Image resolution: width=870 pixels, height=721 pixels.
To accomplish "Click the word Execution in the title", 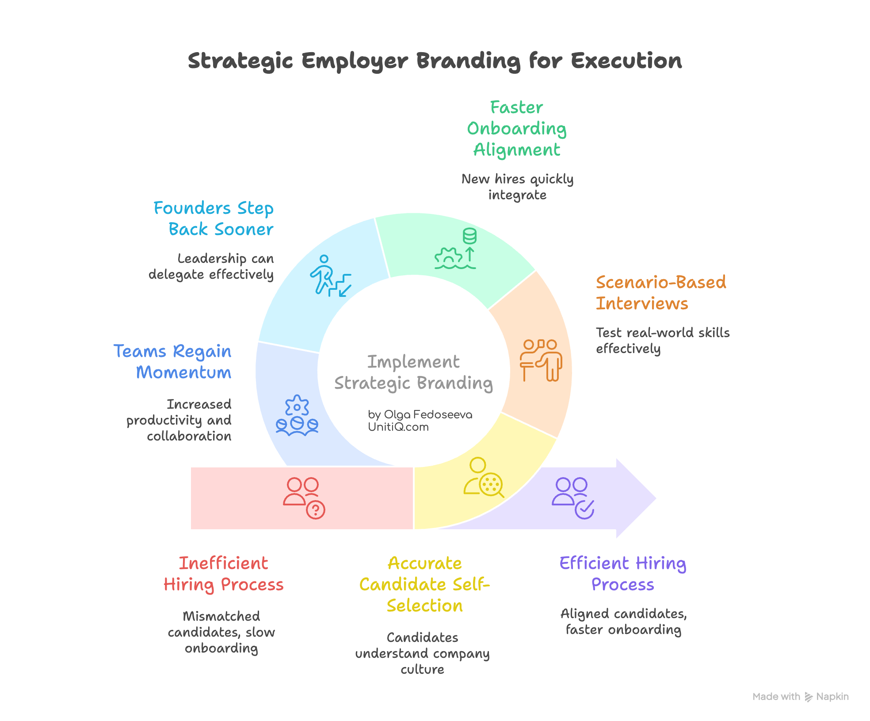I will (x=626, y=61).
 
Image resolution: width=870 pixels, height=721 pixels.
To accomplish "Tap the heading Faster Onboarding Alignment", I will (x=516, y=129).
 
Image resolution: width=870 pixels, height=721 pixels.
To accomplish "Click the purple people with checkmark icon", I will (x=573, y=497).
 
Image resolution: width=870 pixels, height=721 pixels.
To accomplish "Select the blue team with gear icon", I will (x=297, y=416).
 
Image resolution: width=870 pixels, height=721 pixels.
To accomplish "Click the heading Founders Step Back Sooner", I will (x=214, y=219).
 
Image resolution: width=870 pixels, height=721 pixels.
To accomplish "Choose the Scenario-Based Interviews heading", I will (x=660, y=293).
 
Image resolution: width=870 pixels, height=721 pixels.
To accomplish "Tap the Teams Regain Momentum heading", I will (x=173, y=362).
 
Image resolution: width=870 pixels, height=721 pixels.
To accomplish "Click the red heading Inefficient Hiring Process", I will (x=223, y=574).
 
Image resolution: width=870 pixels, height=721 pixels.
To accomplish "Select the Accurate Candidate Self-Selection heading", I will (x=424, y=584).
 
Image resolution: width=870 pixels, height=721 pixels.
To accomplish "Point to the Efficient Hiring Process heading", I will (x=622, y=574).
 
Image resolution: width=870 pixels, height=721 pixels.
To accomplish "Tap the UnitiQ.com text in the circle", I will (x=398, y=427).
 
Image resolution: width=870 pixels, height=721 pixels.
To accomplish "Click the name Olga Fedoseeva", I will (x=427, y=415).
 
